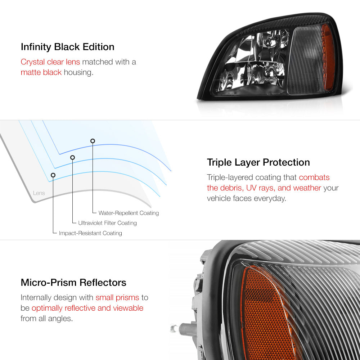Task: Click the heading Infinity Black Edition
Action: (x=67, y=47)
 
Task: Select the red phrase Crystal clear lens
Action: (x=50, y=62)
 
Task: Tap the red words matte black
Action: (x=41, y=72)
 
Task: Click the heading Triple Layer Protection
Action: (x=258, y=162)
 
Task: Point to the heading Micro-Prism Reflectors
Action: (x=73, y=282)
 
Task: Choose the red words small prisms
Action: (x=117, y=298)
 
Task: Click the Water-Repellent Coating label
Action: (x=129, y=213)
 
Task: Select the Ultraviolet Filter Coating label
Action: (x=107, y=223)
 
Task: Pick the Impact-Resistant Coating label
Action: (x=90, y=233)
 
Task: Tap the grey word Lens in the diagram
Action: (x=39, y=193)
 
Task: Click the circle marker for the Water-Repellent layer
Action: (x=93, y=141)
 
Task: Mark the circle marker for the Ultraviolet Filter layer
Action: (x=72, y=157)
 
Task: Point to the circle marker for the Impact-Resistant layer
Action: (x=53, y=175)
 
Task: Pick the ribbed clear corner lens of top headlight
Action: (x=306, y=61)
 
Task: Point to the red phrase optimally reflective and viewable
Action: (x=87, y=308)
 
